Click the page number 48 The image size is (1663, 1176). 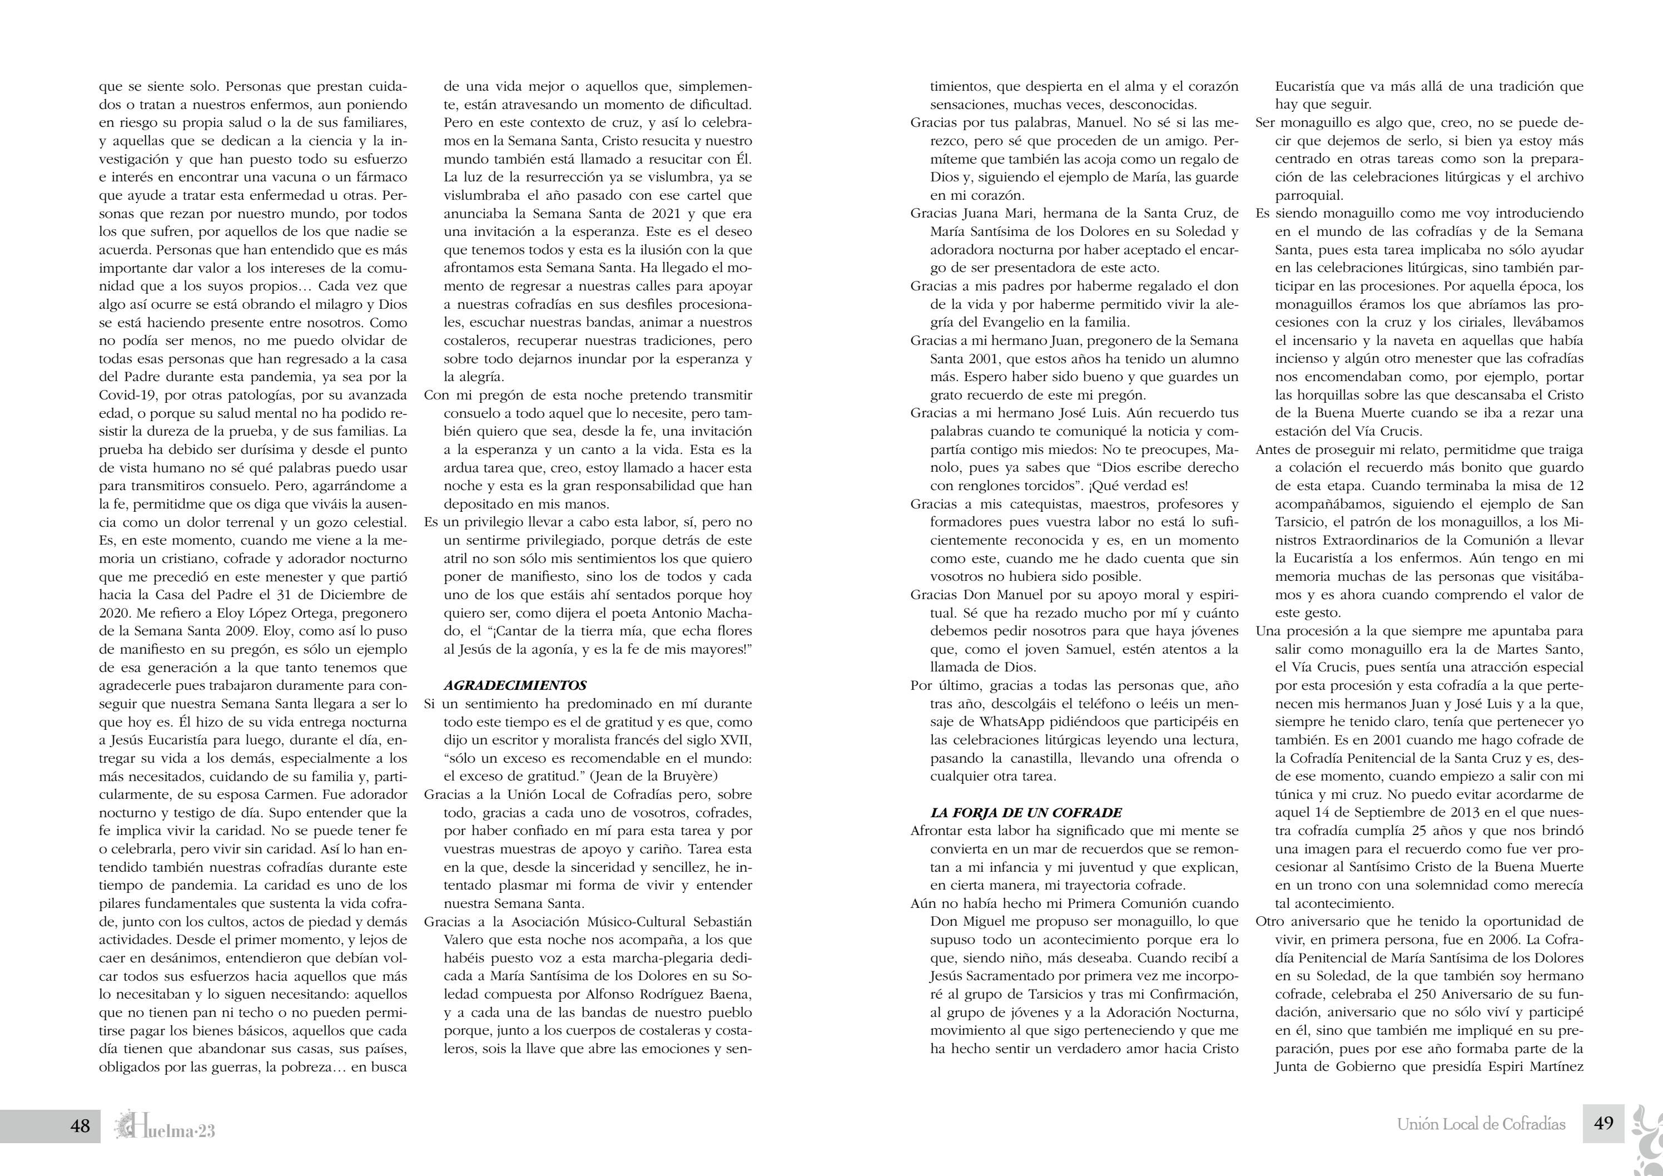click(80, 1125)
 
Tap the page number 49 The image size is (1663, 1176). click(1604, 1124)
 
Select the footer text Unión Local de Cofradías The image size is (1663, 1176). click(1481, 1125)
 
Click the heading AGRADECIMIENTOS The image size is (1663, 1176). click(515, 685)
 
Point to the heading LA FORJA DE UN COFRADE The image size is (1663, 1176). click(1026, 812)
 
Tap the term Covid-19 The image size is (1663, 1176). click(126, 396)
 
